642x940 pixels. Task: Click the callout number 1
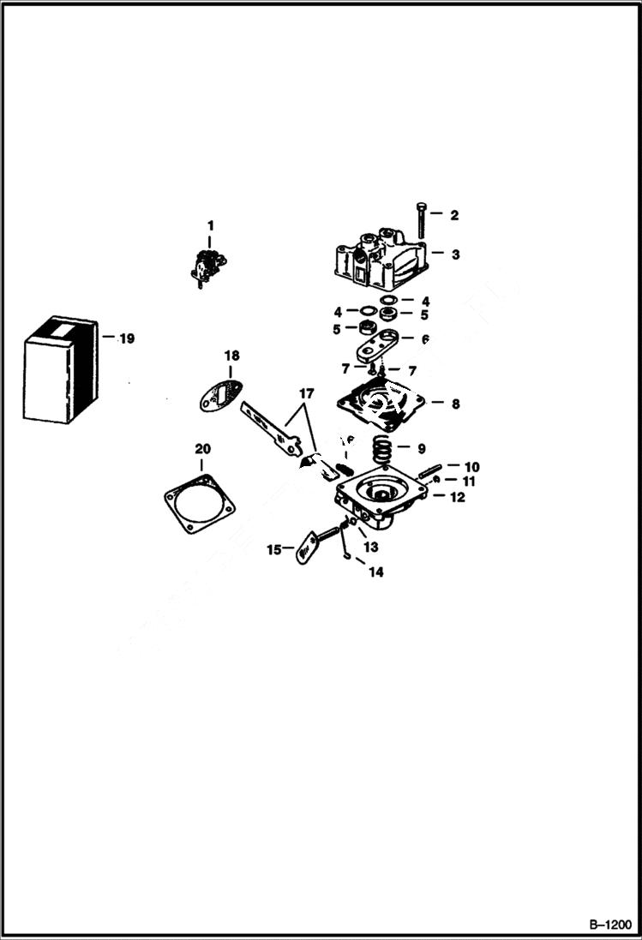[x=210, y=225]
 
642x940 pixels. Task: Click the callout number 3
[x=455, y=254]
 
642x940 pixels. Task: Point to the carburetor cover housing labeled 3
[x=379, y=257]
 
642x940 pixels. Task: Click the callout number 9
[x=420, y=448]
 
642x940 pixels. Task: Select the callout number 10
[x=471, y=467]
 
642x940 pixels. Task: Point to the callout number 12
[x=458, y=497]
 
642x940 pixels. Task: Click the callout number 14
[x=375, y=572]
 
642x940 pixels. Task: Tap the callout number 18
[x=231, y=355]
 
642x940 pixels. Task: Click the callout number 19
[x=126, y=338]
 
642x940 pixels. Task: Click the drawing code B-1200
[x=608, y=925]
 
